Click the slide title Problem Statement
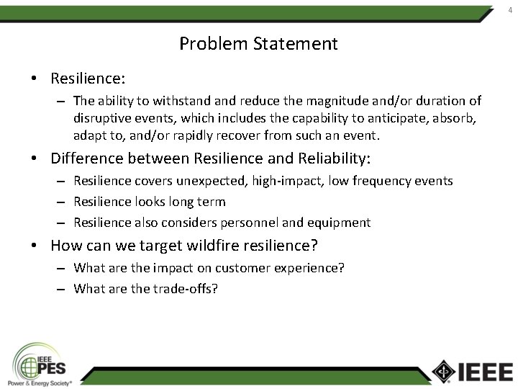[x=258, y=44]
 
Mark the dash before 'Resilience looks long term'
[x=62, y=202]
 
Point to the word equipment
[x=338, y=223]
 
